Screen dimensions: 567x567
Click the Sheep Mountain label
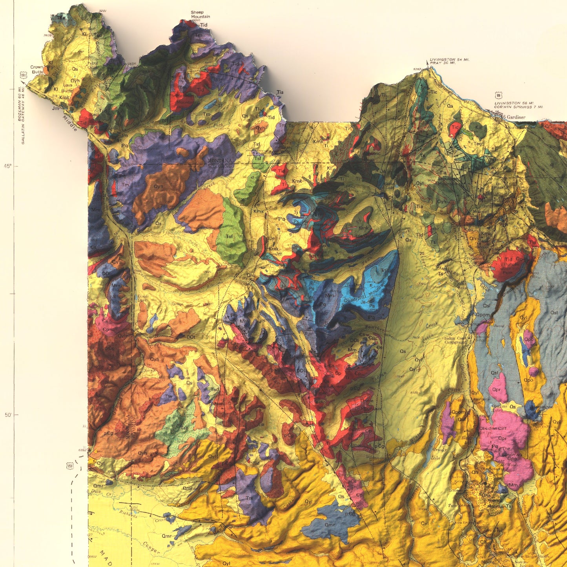click(200, 15)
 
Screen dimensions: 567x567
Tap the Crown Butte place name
click(37, 69)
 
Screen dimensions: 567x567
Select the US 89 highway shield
click(498, 95)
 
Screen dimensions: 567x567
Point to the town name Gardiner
click(516, 117)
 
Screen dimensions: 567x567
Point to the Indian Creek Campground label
click(455, 340)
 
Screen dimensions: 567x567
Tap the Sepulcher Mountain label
click(448, 181)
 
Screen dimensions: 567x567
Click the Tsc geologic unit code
click(184, 428)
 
